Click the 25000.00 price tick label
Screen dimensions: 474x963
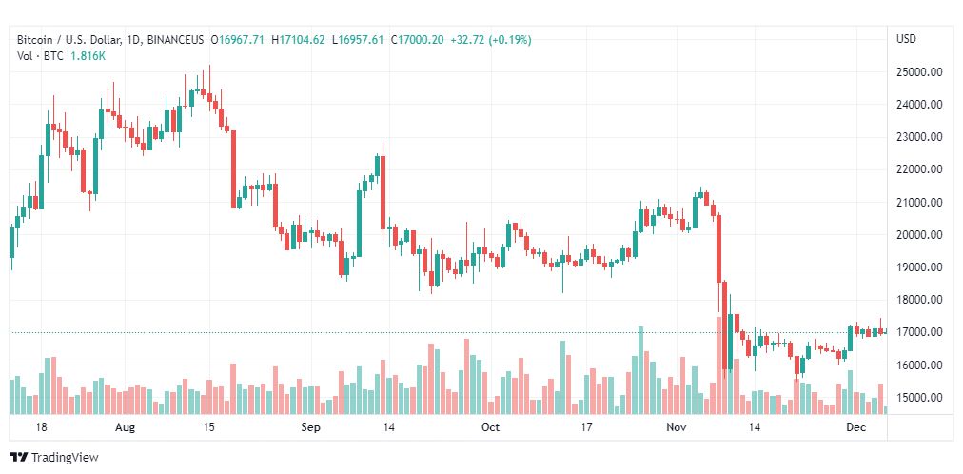[x=919, y=71]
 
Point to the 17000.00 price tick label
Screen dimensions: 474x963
[x=919, y=332]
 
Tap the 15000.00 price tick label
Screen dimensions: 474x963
[x=919, y=398]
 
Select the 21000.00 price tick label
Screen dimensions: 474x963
[x=919, y=202]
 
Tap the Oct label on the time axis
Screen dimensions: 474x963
[x=490, y=428]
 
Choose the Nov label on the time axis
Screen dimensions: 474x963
[x=677, y=428]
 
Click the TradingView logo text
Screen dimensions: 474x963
[x=65, y=458]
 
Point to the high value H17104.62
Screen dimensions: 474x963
[x=298, y=40]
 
